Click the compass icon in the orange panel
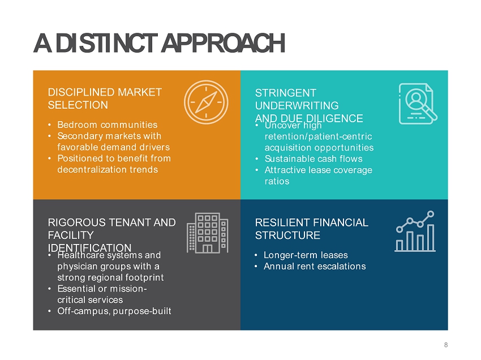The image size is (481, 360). point(206,102)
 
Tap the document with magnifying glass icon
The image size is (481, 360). point(418,104)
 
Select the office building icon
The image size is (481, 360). point(207,233)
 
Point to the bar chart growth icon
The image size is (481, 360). point(415,231)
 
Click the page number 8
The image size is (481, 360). point(446,345)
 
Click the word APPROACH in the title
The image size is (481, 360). point(223,43)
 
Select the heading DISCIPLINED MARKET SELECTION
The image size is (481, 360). point(105,98)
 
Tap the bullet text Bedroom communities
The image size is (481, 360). point(107,125)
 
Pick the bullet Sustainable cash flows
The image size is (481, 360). point(313,158)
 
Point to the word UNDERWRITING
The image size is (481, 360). point(297,106)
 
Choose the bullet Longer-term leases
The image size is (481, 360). point(306,255)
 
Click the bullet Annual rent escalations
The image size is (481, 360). point(315,266)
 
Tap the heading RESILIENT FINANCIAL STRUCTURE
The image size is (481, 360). point(311,229)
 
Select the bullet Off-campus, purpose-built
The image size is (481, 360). point(114,311)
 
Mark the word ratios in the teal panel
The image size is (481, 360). point(277,181)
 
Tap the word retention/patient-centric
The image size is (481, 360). point(318,136)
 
